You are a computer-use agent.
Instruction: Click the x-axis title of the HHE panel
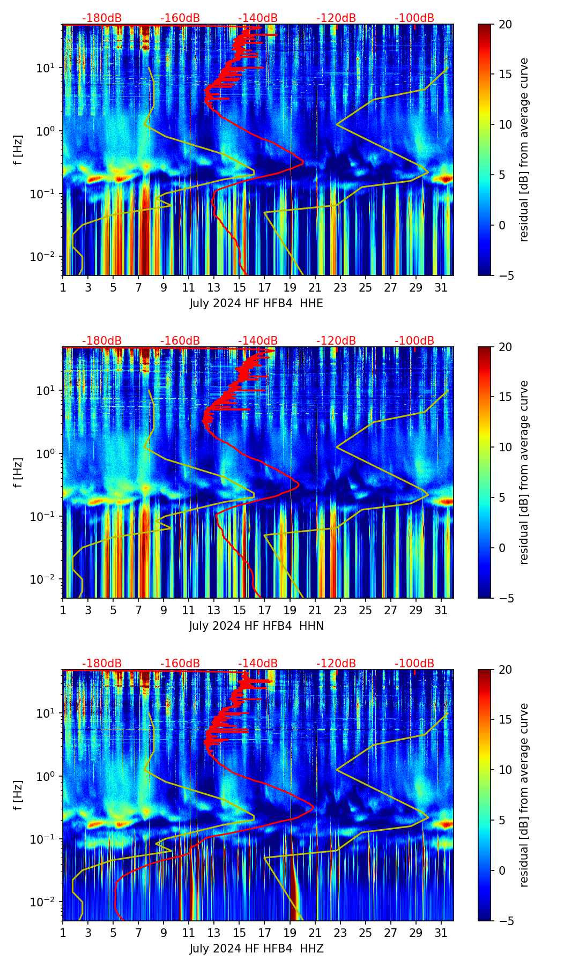256,303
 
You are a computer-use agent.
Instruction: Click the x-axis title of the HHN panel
256,626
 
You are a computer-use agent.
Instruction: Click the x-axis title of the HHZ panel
256,949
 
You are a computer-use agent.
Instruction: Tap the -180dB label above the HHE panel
102,18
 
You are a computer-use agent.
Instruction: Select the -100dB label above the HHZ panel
414,664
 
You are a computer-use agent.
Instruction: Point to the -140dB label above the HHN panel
258,341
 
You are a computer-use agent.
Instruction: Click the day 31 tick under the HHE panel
441,287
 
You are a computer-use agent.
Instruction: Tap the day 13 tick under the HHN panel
214,610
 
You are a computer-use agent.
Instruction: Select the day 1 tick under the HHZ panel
63,933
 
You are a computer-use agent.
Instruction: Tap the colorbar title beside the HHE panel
524,150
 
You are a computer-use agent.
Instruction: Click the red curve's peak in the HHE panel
303,161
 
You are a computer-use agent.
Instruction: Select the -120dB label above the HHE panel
336,18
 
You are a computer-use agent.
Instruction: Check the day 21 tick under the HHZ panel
315,933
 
